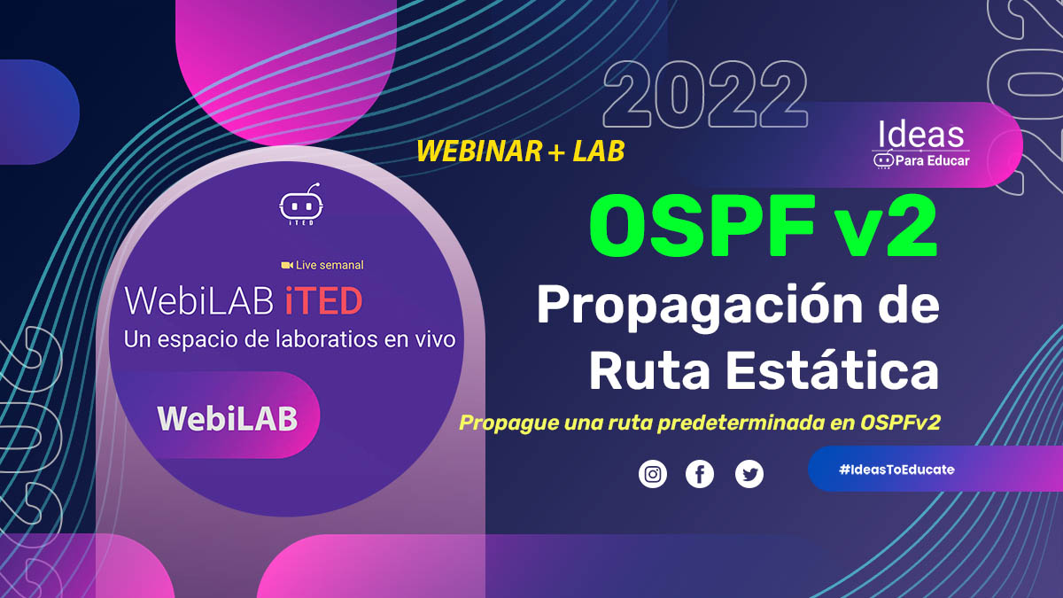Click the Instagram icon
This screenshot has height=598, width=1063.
pyautogui.click(x=653, y=474)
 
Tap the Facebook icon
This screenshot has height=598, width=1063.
pyautogui.click(x=700, y=474)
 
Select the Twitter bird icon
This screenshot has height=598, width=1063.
pyautogui.click(x=749, y=474)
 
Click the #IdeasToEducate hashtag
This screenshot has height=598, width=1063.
pyautogui.click(x=896, y=470)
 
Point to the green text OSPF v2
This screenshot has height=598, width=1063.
pyautogui.click(x=763, y=226)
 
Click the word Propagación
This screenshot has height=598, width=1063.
pyautogui.click(x=700, y=307)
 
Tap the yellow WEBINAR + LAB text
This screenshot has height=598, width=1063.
pyautogui.click(x=520, y=151)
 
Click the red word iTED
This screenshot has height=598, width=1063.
pyautogui.click(x=323, y=301)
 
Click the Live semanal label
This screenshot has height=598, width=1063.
pyautogui.click(x=330, y=265)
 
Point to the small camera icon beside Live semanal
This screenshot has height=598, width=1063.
pyautogui.click(x=287, y=265)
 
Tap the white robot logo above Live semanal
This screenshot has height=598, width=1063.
pyautogui.click(x=301, y=204)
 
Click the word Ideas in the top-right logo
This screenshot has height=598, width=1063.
pyautogui.click(x=920, y=134)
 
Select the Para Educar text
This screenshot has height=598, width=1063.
pyautogui.click(x=932, y=161)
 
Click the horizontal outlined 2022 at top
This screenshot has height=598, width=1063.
pyautogui.click(x=705, y=95)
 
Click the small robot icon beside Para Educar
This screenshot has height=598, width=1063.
pyautogui.click(x=883, y=160)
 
